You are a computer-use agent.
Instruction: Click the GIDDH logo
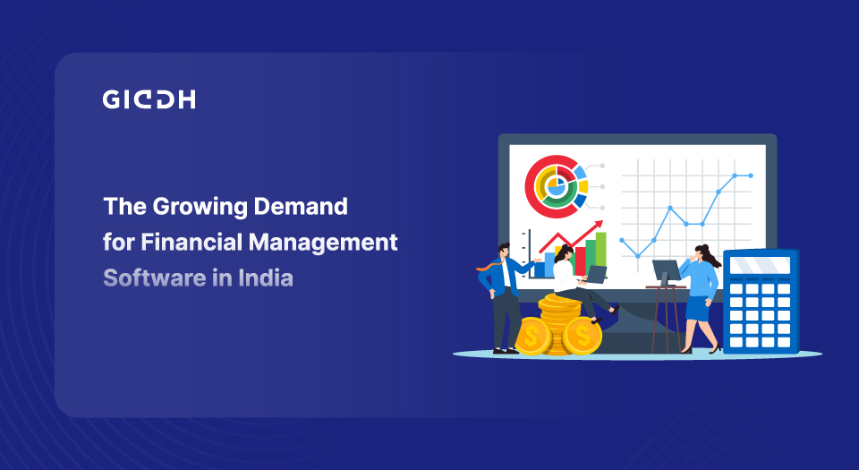point(149,99)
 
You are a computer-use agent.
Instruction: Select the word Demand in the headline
point(301,207)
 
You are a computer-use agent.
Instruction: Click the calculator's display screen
point(760,266)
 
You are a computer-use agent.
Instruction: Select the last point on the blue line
point(751,175)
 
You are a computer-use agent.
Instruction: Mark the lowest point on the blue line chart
point(638,256)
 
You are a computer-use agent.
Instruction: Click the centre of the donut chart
point(556,186)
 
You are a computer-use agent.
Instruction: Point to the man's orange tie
point(489,267)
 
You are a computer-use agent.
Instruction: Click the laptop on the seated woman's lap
point(596,275)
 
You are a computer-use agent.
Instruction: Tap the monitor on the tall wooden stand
point(666,270)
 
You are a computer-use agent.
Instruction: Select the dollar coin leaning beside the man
point(532,336)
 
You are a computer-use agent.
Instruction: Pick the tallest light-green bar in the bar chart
point(600,255)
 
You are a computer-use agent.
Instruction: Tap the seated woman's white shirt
point(566,276)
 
